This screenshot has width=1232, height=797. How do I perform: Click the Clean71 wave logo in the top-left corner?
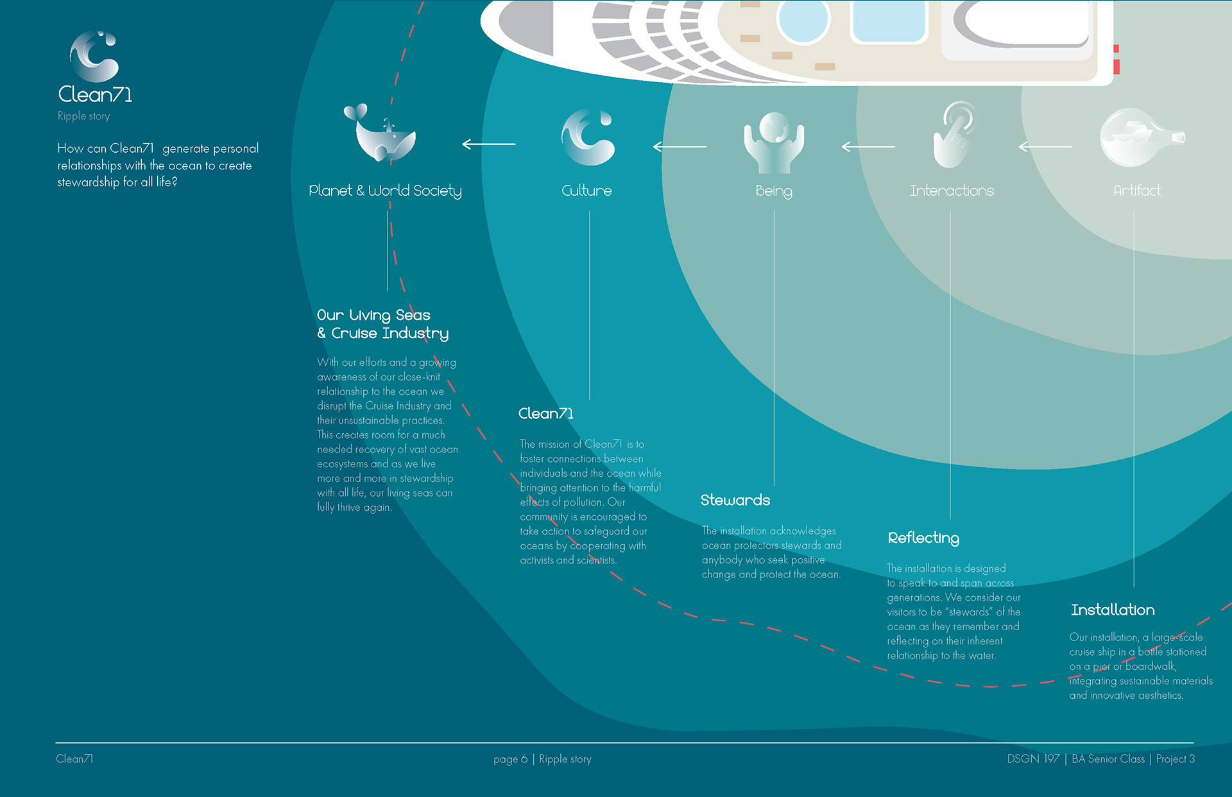click(94, 57)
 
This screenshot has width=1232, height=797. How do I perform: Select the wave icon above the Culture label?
click(588, 137)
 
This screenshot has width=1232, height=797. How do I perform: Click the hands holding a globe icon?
click(774, 142)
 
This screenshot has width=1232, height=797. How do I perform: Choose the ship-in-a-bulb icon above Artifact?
click(1140, 137)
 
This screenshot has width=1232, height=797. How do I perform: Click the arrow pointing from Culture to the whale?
click(489, 144)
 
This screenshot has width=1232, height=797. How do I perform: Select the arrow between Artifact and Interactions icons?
click(1045, 147)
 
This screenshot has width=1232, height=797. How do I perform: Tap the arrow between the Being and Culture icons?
click(680, 147)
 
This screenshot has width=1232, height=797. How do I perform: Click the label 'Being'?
click(774, 191)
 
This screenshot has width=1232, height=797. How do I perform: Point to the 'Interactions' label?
click(952, 191)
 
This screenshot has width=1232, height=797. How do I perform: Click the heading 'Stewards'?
click(735, 500)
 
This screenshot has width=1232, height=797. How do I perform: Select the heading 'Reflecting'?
click(923, 538)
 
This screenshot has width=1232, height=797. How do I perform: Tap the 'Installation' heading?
click(1113, 610)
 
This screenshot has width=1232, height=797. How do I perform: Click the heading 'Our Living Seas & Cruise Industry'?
click(382, 324)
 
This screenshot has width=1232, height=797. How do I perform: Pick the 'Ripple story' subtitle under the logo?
click(83, 116)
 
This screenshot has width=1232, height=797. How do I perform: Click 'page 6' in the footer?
click(510, 759)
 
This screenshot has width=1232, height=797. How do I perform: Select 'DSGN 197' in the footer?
click(1033, 759)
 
